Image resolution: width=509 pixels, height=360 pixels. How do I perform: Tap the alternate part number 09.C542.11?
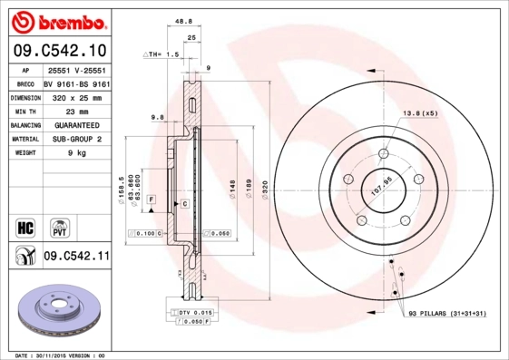pyautogui.click(x=76, y=257)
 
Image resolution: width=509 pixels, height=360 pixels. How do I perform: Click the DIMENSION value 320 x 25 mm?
pyautogui.click(x=76, y=94)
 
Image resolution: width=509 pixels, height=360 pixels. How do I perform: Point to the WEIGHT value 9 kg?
pyautogui.click(x=76, y=153)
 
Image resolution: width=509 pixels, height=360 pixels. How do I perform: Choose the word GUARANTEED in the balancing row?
pyautogui.click(x=76, y=124)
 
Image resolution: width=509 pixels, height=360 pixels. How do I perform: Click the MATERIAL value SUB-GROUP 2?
pyautogui.click(x=76, y=139)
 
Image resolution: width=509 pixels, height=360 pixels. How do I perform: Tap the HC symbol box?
pyautogui.click(x=25, y=225)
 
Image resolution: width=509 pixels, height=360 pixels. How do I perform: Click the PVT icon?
pyautogui.click(x=59, y=225)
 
